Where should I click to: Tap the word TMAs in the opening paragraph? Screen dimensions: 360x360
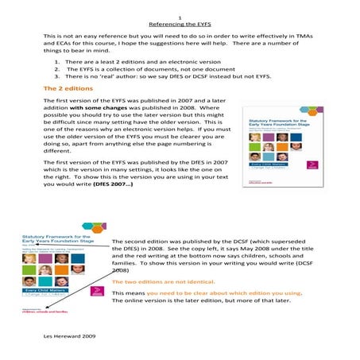point(309,37)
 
